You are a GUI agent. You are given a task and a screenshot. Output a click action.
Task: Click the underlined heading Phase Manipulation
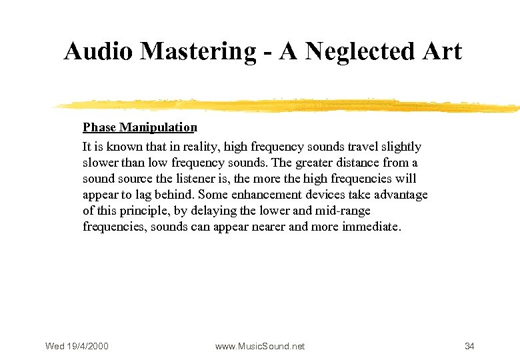[x=140, y=127]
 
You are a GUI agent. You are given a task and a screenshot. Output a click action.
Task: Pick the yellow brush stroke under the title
[x=287, y=105]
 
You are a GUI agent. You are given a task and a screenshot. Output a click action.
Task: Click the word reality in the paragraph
[x=198, y=147]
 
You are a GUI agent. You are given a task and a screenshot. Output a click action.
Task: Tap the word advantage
[x=399, y=195]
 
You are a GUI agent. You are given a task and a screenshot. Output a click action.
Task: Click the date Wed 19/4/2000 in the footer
[x=77, y=346]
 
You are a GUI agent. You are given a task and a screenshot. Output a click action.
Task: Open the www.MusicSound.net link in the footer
[x=259, y=346]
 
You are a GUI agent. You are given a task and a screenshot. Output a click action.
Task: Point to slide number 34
[x=469, y=346]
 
